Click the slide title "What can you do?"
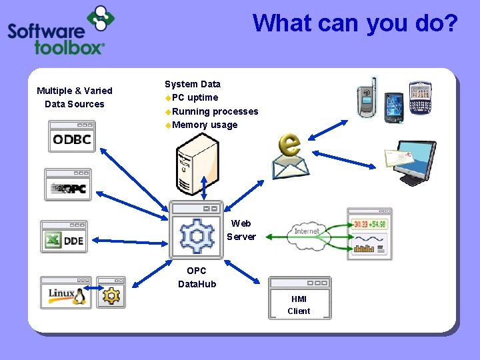tap(355, 23)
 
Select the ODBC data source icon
tap(72, 137)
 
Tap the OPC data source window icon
tap(68, 185)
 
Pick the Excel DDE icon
tap(64, 237)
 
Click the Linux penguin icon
tap(66, 293)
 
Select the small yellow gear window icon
tap(111, 293)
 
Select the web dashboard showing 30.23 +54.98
tap(369, 234)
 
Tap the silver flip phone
tap(367, 98)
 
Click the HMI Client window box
tap(299, 299)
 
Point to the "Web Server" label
tap(241, 230)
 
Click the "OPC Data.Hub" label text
tap(197, 277)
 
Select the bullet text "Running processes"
tap(215, 111)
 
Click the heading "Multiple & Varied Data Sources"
tap(75, 97)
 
